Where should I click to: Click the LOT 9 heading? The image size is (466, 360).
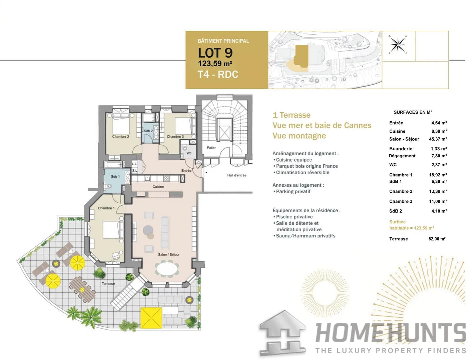click(x=215, y=53)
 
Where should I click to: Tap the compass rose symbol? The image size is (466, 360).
click(x=398, y=45)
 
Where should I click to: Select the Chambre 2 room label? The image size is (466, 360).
click(x=120, y=137)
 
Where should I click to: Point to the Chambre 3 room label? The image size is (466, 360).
click(x=175, y=137)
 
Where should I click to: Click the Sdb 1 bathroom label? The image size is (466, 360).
click(x=115, y=176)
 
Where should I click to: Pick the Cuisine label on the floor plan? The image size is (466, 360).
click(x=158, y=187)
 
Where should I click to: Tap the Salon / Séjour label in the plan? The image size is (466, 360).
click(x=168, y=255)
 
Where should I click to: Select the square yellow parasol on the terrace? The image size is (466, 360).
click(x=151, y=318)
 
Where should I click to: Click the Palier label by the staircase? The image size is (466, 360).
click(x=211, y=148)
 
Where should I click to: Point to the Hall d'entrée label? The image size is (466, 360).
click(x=237, y=175)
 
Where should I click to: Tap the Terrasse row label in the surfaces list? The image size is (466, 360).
click(x=398, y=239)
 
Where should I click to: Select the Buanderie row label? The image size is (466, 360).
click(x=401, y=149)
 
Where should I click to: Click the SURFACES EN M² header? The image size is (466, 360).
click(x=413, y=112)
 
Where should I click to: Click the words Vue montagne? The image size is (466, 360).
click(x=299, y=136)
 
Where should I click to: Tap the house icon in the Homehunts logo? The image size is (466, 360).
click(x=283, y=333)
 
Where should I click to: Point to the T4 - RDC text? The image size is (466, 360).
click(x=218, y=74)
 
